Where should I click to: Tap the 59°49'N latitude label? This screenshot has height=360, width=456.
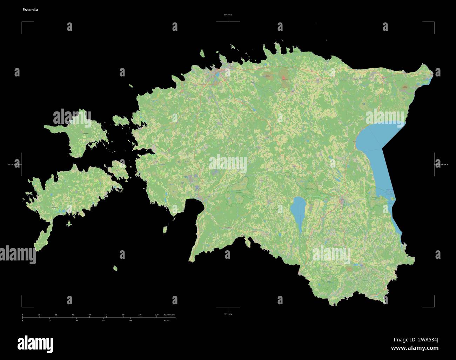pos(228,15)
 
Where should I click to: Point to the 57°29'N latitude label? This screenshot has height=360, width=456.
pos(228,314)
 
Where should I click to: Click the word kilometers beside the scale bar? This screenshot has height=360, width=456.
pos(169,315)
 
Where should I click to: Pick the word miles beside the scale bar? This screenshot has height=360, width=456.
pos(167,320)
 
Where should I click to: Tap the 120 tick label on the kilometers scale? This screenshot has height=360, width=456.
pos(157,315)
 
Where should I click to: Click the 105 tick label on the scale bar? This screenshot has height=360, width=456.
pos(140,315)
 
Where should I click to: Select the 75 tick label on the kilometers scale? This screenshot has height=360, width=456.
pos(106,315)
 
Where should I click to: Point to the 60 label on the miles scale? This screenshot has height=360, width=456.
pos(130,320)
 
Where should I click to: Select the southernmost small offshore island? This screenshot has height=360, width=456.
pos(115,269)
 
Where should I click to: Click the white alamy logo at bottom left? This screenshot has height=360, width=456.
pos(35,342)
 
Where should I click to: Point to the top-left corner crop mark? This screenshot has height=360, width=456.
pos(22,22)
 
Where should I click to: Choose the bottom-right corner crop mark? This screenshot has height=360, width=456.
pos(434,306)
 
